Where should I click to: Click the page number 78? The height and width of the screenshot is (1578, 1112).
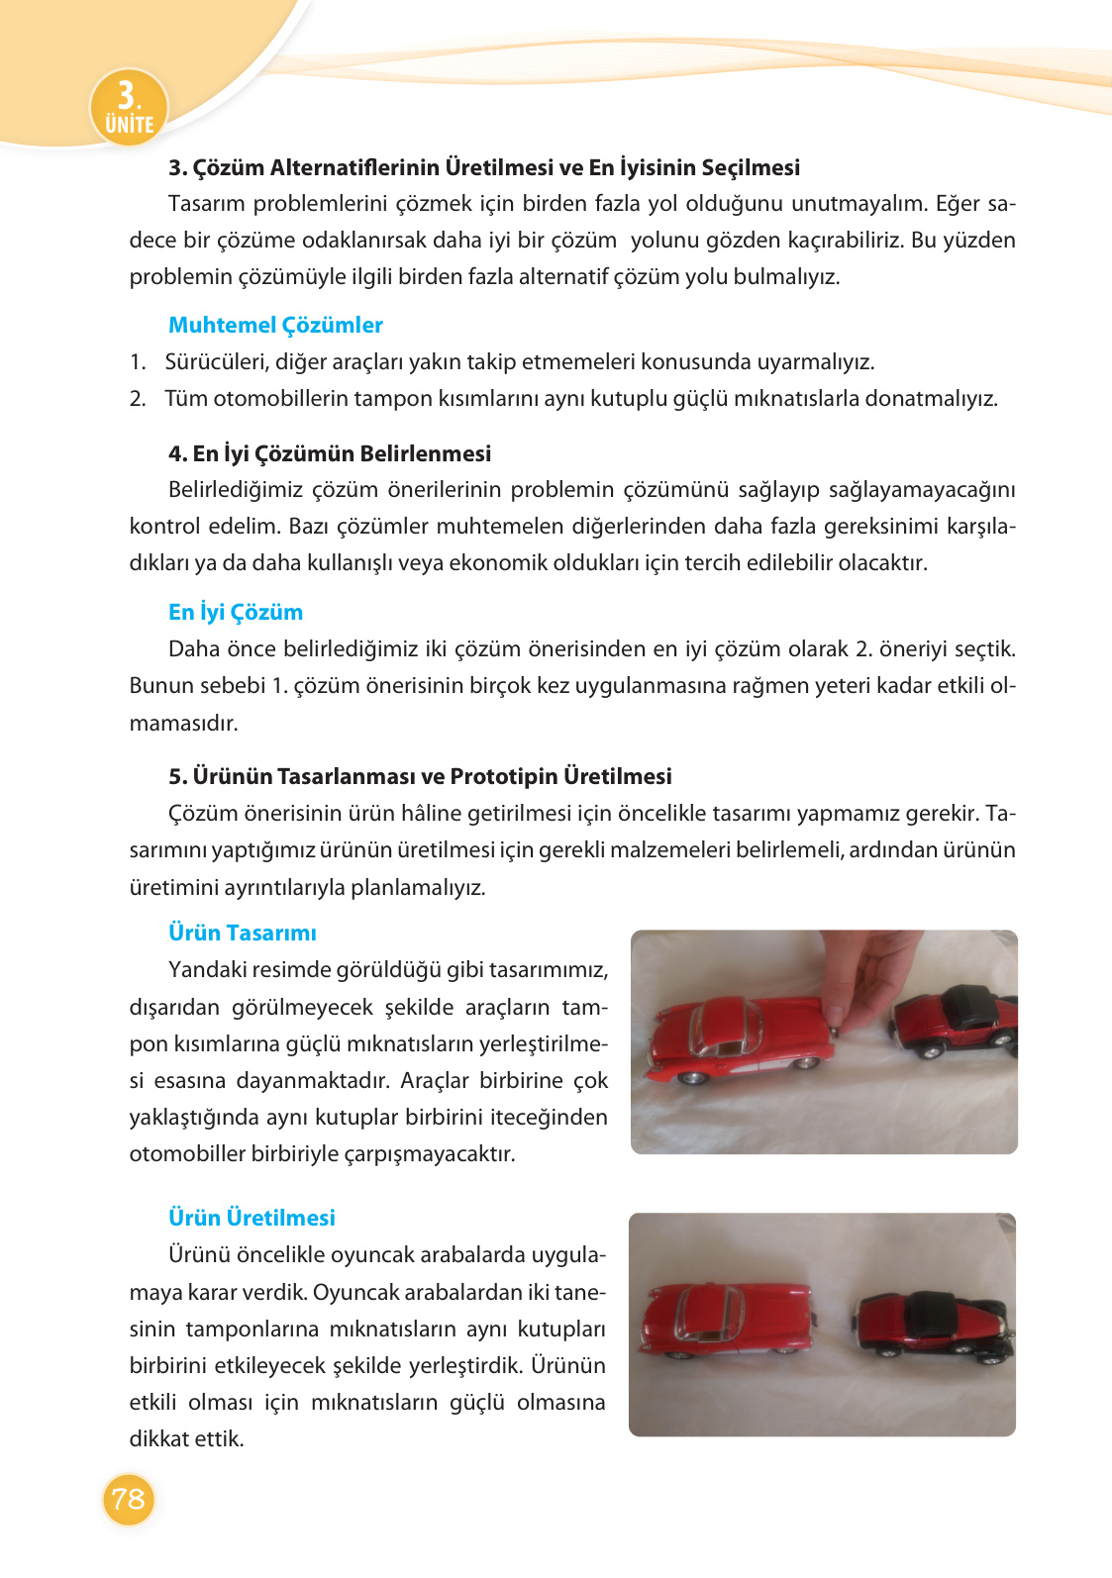tap(129, 1499)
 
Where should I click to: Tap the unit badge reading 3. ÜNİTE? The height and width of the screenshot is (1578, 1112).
tap(129, 107)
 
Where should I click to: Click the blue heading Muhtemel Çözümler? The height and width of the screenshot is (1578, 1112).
tap(275, 325)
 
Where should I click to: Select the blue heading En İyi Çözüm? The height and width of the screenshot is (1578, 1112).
tap(236, 612)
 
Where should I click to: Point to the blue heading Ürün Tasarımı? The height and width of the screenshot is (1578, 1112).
tap(243, 933)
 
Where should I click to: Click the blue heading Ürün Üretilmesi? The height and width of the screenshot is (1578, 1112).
tap(252, 1218)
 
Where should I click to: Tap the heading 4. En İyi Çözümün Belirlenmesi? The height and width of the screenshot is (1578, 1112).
tap(330, 453)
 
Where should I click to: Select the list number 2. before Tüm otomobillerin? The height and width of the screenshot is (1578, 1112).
tap(138, 399)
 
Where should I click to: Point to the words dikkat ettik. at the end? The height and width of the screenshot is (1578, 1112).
tap(186, 1439)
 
